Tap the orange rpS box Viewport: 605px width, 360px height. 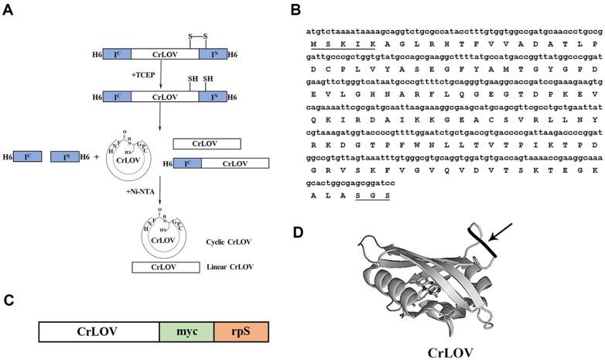[240, 332]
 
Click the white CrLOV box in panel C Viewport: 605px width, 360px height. [98, 332]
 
